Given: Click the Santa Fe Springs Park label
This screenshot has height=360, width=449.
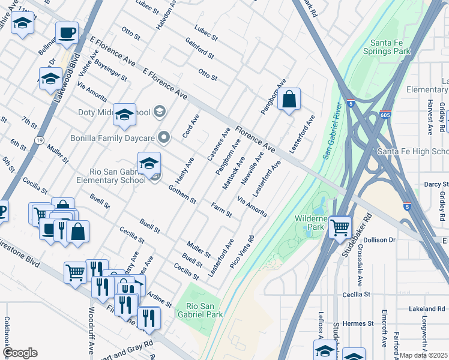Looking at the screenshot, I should click(390, 47).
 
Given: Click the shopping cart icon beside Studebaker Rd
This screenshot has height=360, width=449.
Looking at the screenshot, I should click(340, 227).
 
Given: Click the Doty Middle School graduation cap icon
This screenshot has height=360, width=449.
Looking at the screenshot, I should click(124, 113).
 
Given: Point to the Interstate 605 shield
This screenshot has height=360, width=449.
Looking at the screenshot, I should click(386, 114).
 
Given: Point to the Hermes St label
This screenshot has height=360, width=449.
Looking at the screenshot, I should click(358, 323).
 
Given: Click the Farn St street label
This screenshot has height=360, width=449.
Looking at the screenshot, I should click(221, 210).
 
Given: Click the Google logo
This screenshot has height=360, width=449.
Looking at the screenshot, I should click(20, 353).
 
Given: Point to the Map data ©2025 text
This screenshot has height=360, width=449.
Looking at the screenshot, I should click(423, 355).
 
